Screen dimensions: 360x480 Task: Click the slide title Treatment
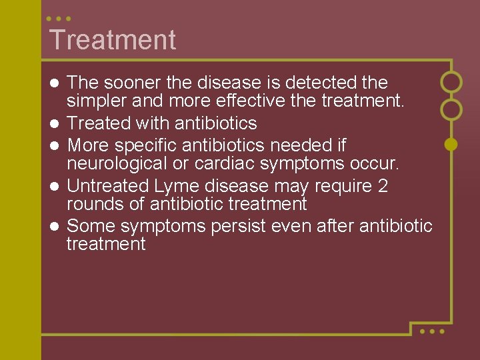pyautogui.click(x=112, y=40)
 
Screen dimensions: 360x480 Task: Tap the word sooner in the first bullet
pyautogui.click(x=134, y=83)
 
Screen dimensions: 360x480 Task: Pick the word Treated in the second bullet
pyautogui.click(x=101, y=123)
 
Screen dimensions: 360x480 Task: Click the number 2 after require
pyautogui.click(x=382, y=185)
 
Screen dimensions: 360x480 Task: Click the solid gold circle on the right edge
pyautogui.click(x=451, y=143)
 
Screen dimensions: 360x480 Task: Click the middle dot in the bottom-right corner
pyautogui.click(x=432, y=331)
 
